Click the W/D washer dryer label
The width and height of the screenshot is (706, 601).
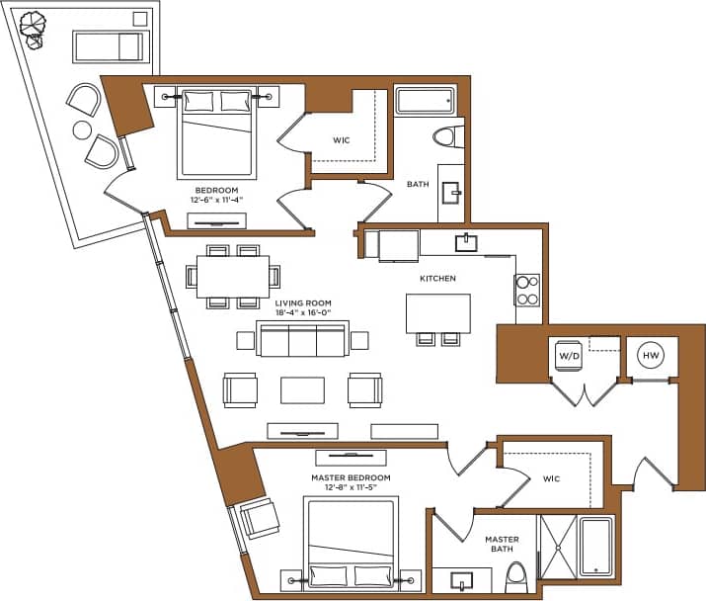pos(568,355)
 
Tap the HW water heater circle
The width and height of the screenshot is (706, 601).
pos(651,355)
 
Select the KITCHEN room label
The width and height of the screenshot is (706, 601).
pos(437,279)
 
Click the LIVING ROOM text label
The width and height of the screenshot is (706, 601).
pos(303,303)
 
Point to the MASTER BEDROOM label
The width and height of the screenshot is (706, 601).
pos(351,477)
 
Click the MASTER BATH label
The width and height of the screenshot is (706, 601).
pos(502,545)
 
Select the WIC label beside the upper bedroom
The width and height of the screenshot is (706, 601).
pos(341,140)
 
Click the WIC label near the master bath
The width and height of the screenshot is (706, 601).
pos(551,478)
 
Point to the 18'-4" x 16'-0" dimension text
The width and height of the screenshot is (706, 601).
pos(303,313)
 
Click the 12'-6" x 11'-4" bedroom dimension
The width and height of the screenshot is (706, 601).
pos(216,199)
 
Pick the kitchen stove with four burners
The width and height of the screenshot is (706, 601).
pos(527,289)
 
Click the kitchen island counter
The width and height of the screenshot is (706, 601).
pos(438,312)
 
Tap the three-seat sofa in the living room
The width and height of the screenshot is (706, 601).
pos(301,339)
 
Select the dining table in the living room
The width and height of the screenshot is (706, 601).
pos(233,276)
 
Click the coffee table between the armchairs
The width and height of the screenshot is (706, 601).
pos(302,389)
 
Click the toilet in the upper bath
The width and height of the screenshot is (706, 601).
pos(449,136)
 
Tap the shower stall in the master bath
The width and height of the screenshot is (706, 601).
pos(557,546)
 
